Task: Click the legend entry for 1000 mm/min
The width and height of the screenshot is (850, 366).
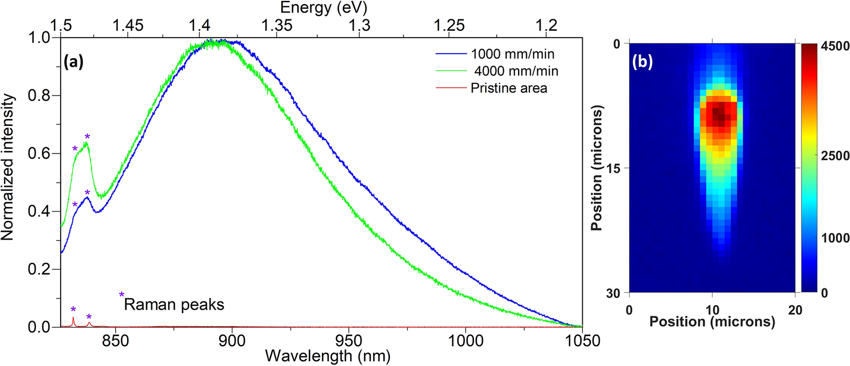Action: pos(512,54)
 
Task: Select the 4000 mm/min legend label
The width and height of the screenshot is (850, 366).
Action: pos(516,71)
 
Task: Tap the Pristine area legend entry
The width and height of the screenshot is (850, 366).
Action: pos(509,88)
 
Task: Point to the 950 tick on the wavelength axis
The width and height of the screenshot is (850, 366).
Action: pos(349,341)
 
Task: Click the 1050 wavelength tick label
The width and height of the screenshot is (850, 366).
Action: pos(582,341)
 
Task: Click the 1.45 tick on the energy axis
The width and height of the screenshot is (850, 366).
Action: pos(128,25)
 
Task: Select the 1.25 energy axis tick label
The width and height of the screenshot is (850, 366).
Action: pos(449,25)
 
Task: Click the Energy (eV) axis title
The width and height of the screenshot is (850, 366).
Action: pos(324,8)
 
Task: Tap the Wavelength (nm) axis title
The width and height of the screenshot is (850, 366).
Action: pos(328,357)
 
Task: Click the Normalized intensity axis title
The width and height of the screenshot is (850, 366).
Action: pos(7,167)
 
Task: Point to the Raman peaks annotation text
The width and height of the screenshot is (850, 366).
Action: pos(174,304)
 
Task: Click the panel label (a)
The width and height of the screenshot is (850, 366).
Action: pos(74,62)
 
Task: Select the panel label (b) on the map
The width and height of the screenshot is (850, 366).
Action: pos(642,62)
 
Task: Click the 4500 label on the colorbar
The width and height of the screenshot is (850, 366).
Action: pos(834,46)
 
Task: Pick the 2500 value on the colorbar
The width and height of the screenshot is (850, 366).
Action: pos(834,156)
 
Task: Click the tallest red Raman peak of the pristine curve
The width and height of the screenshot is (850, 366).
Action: pos(73,318)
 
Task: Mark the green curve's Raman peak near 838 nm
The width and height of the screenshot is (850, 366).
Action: pos(87,144)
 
